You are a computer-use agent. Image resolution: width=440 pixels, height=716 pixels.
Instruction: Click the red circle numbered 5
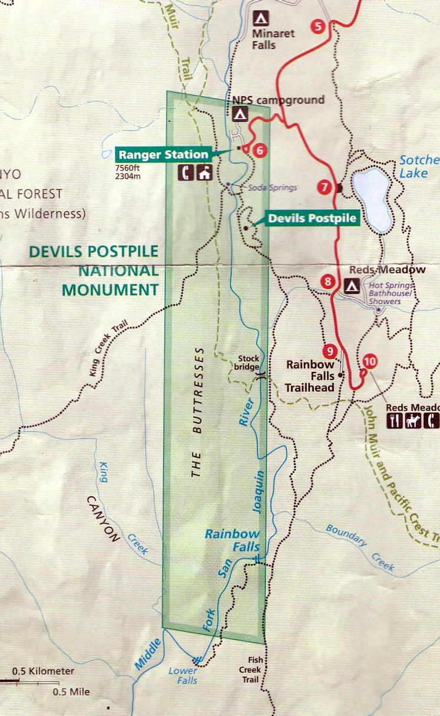[317, 27]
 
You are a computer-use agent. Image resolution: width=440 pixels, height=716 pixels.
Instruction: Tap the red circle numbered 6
[259, 150]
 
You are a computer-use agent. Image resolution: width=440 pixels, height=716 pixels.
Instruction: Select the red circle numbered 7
[325, 188]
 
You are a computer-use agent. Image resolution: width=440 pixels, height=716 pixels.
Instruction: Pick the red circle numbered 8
[328, 282]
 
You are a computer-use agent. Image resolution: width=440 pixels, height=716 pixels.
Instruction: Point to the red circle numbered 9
[330, 351]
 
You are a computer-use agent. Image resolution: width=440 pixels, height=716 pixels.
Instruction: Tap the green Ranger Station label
[163, 155]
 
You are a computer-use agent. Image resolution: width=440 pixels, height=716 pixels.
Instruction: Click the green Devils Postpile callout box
[312, 218]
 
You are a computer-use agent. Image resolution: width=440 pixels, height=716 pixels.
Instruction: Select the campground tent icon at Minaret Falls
[260, 18]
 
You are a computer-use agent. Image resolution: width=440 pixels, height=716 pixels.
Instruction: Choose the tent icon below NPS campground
[240, 113]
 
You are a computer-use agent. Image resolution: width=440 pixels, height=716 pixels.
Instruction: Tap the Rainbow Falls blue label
[232, 540]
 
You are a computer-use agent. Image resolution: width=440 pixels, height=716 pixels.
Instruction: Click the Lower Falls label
[183, 675]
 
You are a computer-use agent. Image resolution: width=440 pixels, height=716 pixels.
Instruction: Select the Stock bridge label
[249, 362]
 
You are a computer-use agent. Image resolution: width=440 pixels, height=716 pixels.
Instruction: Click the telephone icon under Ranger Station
[187, 173]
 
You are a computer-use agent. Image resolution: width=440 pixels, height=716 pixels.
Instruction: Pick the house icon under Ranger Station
[204, 173]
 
